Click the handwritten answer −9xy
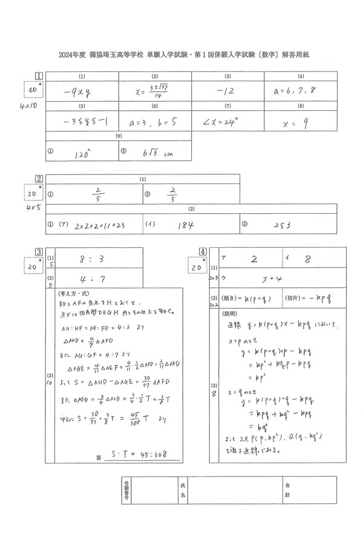[x=77, y=93]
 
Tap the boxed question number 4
[x=202, y=251]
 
